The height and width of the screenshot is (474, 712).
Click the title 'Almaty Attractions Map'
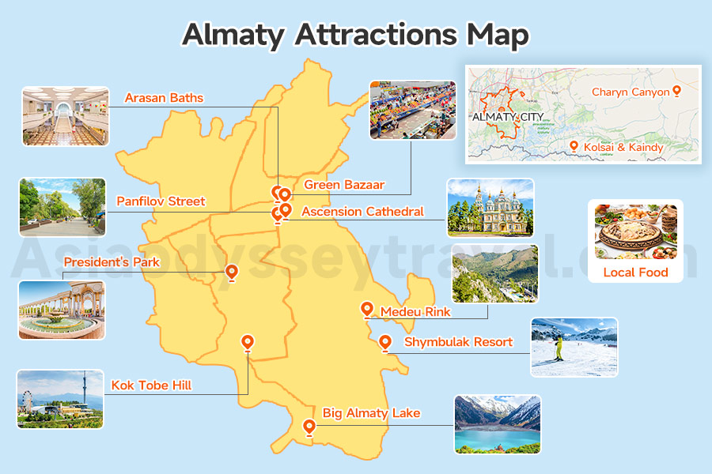(355, 35)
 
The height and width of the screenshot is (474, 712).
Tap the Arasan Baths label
(164, 98)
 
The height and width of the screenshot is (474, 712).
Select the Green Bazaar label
(344, 185)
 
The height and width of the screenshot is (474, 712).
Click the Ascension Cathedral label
(362, 211)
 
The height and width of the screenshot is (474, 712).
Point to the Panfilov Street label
(161, 201)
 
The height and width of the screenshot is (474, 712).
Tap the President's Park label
(112, 261)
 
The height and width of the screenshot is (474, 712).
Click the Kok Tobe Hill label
(151, 386)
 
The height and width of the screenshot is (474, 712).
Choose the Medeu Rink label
(415, 311)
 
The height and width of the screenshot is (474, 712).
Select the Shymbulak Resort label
(458, 342)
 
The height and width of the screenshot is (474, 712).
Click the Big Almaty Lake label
(371, 412)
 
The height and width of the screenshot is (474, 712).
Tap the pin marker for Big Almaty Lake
(309, 427)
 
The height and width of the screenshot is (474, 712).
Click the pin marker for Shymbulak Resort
(385, 342)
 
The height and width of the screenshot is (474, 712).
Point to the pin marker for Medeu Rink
(366, 310)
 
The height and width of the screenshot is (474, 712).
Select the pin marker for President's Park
(232, 272)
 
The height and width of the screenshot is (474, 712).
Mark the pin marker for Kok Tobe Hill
(248, 342)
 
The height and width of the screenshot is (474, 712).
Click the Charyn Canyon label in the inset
(631, 92)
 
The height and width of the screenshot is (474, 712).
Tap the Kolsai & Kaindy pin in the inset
(575, 145)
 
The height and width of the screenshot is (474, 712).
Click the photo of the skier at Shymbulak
(574, 347)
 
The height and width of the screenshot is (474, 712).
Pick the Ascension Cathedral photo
(490, 207)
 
